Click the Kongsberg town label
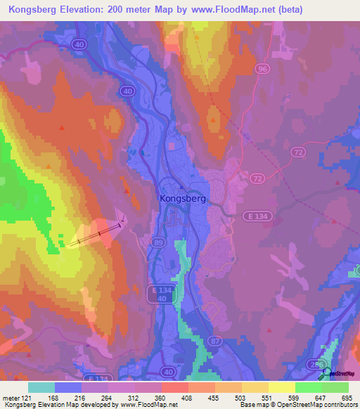point(182,199)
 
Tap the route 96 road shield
point(262,69)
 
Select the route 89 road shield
point(157,242)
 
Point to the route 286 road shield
point(318,364)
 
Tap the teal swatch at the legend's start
point(41,387)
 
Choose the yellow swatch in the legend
point(281,387)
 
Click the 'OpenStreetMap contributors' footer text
point(323,405)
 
